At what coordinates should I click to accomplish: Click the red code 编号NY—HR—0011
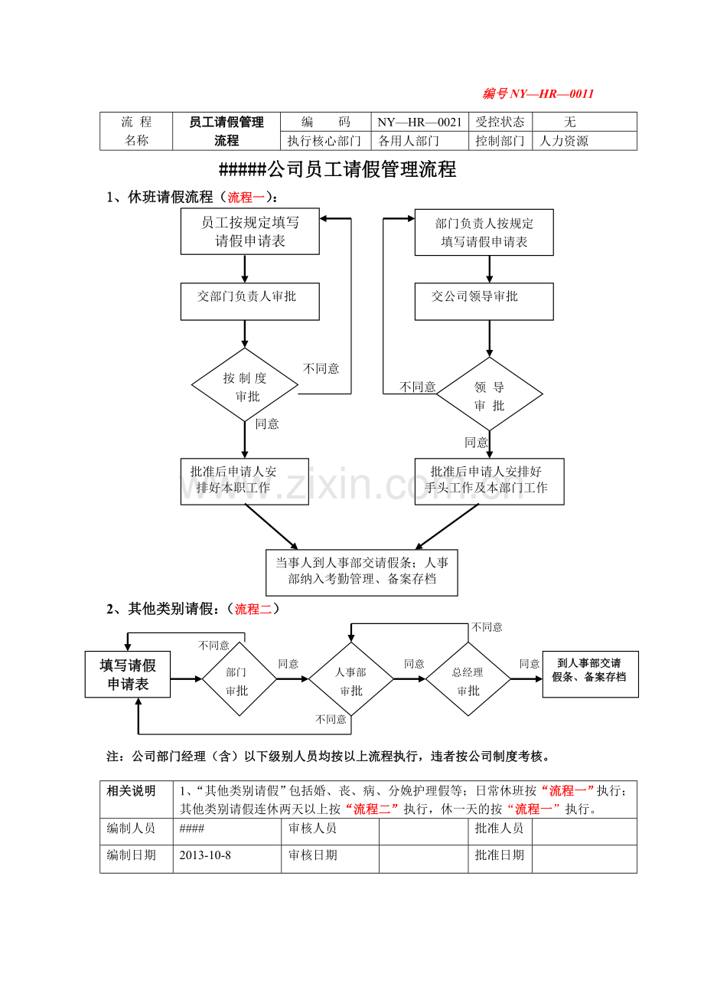click(538, 94)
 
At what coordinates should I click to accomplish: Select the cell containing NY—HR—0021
click(419, 122)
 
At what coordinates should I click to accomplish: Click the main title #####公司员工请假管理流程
click(337, 170)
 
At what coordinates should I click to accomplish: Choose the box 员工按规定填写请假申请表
click(249, 232)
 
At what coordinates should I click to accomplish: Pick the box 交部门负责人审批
click(249, 302)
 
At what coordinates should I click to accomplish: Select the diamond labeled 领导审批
click(489, 394)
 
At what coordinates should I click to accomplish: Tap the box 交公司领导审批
click(484, 302)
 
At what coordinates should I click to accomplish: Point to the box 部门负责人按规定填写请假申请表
click(484, 233)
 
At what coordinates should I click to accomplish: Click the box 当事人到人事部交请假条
click(361, 572)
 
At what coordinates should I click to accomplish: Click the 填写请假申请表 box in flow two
click(127, 675)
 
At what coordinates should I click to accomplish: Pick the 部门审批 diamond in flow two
click(239, 679)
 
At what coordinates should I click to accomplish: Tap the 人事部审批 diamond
click(351, 679)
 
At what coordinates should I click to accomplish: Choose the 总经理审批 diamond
click(468, 679)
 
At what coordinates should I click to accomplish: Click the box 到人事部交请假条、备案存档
click(590, 674)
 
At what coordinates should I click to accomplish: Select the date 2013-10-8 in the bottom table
click(205, 855)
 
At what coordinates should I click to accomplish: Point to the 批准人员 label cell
click(499, 829)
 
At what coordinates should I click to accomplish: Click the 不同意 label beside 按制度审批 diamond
click(321, 368)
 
